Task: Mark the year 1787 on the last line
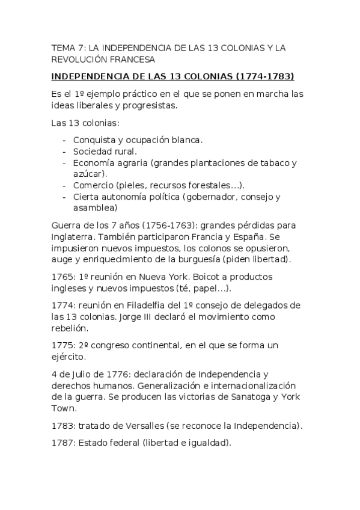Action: coord(61,443)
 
